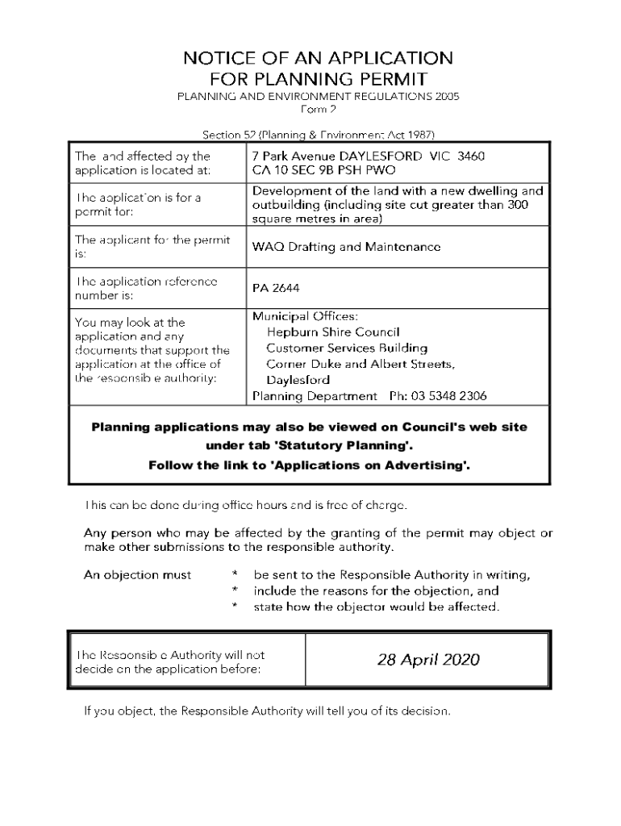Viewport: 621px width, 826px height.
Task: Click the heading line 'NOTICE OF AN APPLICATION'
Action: [x=318, y=58]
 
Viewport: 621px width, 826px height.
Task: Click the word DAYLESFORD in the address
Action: [x=384, y=156]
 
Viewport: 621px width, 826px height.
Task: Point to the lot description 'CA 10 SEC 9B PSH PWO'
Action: [x=324, y=170]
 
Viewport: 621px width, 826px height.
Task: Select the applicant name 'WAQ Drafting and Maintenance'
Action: [x=346, y=247]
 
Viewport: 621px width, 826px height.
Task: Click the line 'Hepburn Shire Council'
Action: [x=333, y=332]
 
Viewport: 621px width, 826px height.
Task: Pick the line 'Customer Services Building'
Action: [x=347, y=348]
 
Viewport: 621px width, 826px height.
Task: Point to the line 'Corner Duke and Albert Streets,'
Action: [x=361, y=364]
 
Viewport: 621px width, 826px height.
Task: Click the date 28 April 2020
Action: [x=427, y=660]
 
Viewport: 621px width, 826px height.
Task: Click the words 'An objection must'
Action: [x=138, y=575]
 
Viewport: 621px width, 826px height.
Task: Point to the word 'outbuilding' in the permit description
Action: [x=285, y=205]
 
